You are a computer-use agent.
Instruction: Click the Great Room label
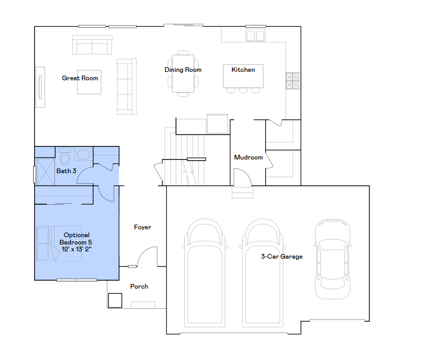80,78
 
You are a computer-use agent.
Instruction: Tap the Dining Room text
183,70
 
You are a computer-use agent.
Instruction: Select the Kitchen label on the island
243,70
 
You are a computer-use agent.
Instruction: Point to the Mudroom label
248,157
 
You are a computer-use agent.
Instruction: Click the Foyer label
142,227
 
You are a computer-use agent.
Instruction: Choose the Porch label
139,287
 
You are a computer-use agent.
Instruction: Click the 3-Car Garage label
281,257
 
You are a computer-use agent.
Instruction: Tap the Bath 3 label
67,171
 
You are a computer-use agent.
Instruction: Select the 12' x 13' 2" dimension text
77,249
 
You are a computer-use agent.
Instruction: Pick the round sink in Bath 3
83,155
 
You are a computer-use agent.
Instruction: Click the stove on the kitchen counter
292,81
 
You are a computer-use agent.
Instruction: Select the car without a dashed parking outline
332,259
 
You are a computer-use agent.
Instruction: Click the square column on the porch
115,300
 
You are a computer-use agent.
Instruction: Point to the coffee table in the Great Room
89,82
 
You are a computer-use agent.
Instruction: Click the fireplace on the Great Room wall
40,87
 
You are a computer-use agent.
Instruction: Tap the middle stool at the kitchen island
243,90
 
